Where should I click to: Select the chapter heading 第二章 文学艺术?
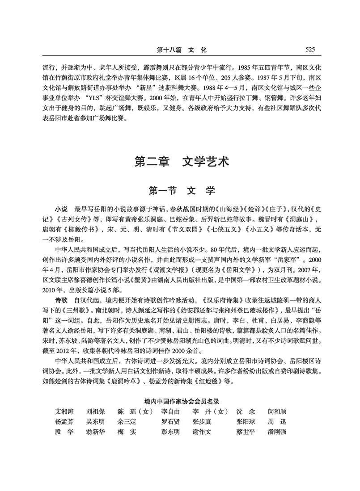(180, 161)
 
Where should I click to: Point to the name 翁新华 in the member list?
(96, 432)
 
